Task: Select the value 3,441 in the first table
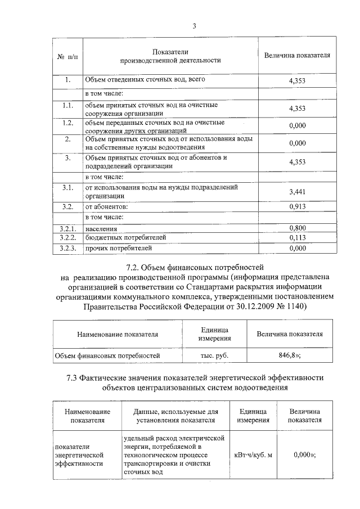point(296,192)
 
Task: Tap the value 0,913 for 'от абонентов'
point(296,206)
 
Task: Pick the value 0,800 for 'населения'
point(296,228)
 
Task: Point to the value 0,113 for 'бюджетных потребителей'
point(296,238)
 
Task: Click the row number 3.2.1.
point(67,228)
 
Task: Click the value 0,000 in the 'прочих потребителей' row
point(296,247)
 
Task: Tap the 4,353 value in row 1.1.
point(296,108)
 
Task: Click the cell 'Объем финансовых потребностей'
point(107,355)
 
